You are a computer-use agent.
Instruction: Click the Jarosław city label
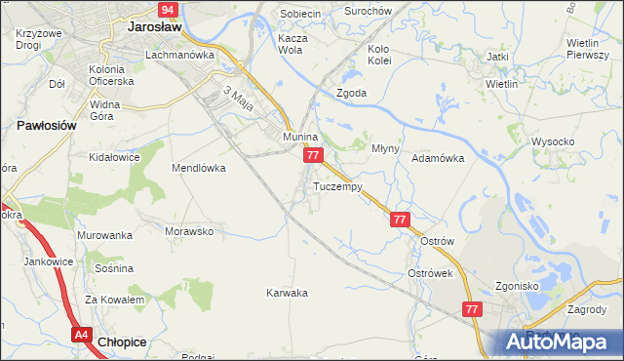pos(156,28)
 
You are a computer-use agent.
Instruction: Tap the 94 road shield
pos(168,10)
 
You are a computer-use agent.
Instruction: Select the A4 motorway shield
pos(81,335)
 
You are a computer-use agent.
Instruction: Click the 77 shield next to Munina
pos(312,156)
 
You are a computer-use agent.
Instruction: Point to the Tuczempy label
pos(338,185)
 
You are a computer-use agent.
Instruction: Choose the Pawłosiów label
pos(46,126)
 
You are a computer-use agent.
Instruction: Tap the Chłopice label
pos(124,341)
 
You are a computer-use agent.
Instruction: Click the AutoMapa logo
pos(560,340)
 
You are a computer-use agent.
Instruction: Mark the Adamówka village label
pos(438,157)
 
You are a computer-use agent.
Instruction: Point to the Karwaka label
pos(288,293)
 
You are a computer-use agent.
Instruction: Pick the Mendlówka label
pos(199,168)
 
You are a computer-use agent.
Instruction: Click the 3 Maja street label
pos(239,98)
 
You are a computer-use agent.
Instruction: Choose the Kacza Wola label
pos(293,45)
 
